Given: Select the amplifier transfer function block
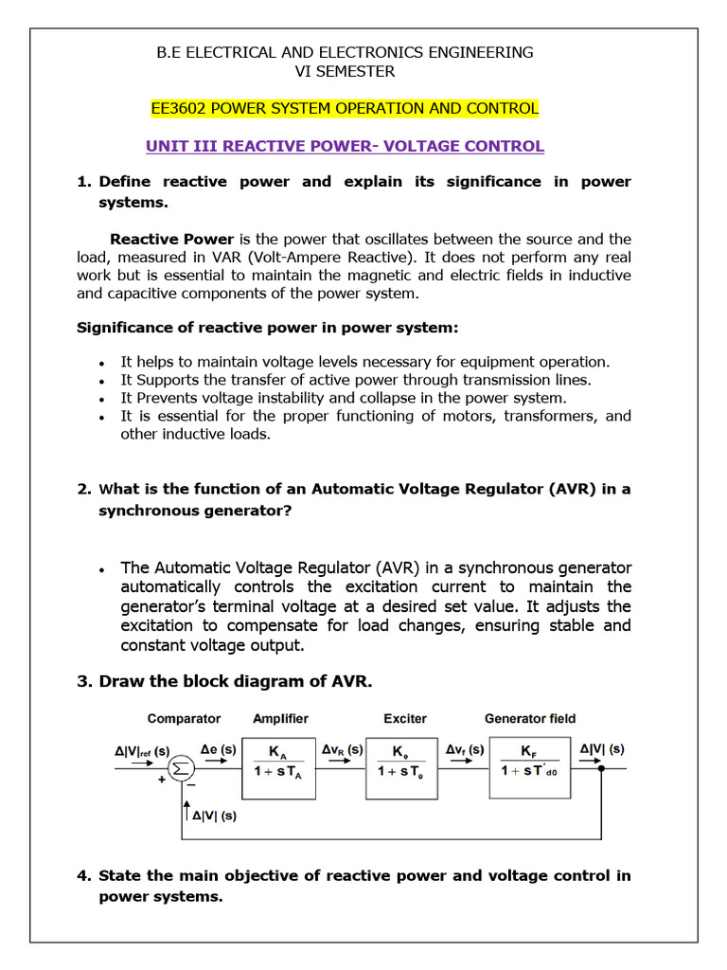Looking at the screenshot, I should tap(279, 761).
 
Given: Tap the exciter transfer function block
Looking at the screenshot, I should tap(401, 762).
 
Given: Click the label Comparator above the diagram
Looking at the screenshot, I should tap(184, 718).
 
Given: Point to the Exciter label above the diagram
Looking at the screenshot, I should tap(405, 718).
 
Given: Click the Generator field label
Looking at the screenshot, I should tap(530, 718).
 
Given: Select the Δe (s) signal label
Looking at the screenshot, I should tap(219, 749).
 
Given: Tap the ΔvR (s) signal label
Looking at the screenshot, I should tap(341, 749).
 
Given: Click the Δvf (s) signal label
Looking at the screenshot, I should tap(465, 749).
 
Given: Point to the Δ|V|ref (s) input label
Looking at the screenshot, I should tap(142, 750).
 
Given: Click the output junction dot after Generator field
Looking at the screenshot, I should tap(601, 768).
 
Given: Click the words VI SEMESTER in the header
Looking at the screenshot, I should tap(346, 71).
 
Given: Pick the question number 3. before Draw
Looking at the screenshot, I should tap(83, 681).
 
